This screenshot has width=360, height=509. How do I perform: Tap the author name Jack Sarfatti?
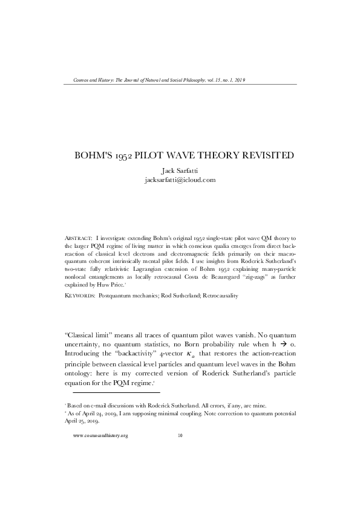coord(180,170)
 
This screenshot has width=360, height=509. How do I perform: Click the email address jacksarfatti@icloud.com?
coord(180,180)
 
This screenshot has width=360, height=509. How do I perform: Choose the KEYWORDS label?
coord(79,296)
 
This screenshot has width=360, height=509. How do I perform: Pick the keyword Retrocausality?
coord(220,296)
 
